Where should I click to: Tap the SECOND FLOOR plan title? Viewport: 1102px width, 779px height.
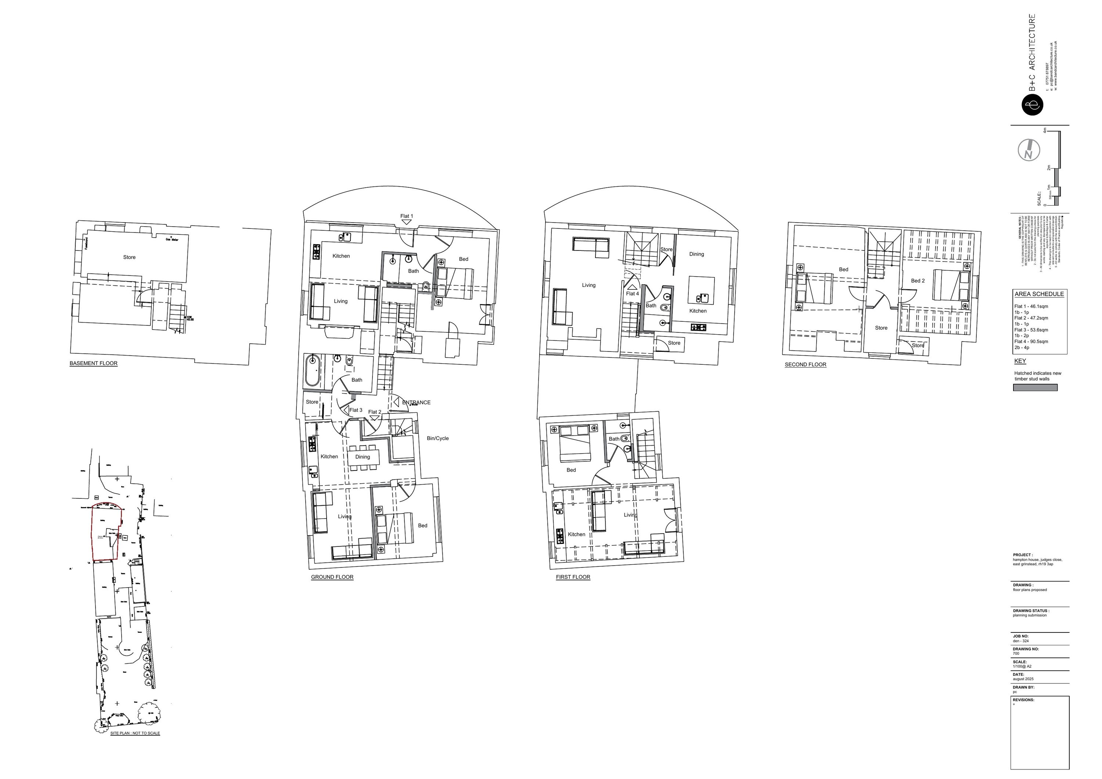pyautogui.click(x=806, y=365)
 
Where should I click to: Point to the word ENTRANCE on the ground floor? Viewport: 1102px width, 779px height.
pyautogui.click(x=416, y=403)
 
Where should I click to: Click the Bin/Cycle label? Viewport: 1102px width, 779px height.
pyautogui.click(x=438, y=438)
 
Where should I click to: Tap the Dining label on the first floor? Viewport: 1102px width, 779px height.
pyautogui.click(x=696, y=255)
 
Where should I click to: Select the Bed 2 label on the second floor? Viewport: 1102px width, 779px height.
pyautogui.click(x=918, y=281)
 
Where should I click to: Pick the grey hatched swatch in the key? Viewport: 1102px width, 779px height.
pyautogui.click(x=1035, y=388)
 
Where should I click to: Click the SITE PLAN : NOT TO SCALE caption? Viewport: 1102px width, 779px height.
pyautogui.click(x=135, y=733)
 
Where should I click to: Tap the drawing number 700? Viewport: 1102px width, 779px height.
pyautogui.click(x=1016, y=653)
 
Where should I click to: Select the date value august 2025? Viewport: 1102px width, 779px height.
pyautogui.click(x=1023, y=679)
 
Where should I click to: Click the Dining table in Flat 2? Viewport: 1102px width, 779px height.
pyautogui.click(x=364, y=457)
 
